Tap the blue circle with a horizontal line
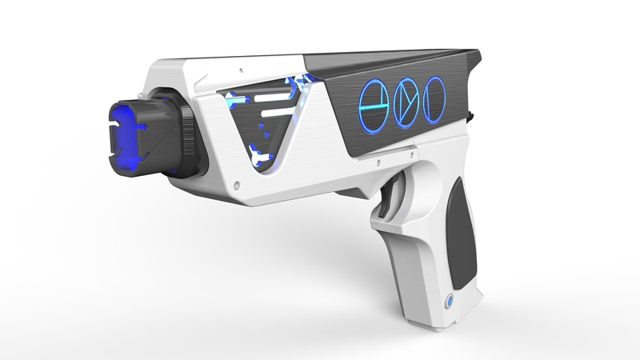pyautogui.click(x=374, y=101)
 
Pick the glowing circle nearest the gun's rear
pyautogui.click(x=434, y=98)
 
